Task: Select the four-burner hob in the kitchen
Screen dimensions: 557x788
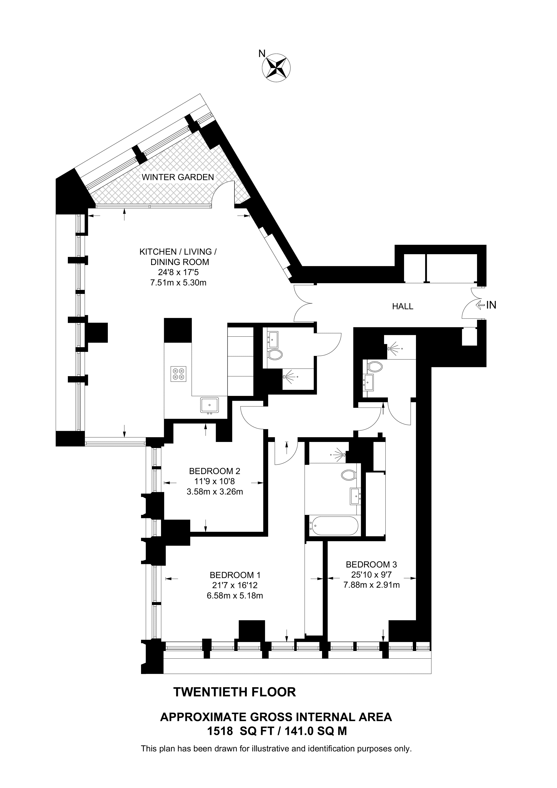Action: coord(178,374)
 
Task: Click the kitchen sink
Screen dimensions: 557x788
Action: coord(209,405)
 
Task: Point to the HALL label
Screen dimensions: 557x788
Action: coord(403,306)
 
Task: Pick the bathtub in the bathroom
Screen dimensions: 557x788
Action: coord(334,526)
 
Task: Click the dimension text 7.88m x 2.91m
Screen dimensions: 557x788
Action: coord(371,585)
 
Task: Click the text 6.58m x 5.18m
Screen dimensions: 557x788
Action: coord(235,595)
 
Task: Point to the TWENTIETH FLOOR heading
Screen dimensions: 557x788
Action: coord(235,692)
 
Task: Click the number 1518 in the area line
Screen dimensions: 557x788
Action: coord(220,731)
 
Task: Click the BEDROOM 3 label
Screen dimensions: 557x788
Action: coord(371,564)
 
